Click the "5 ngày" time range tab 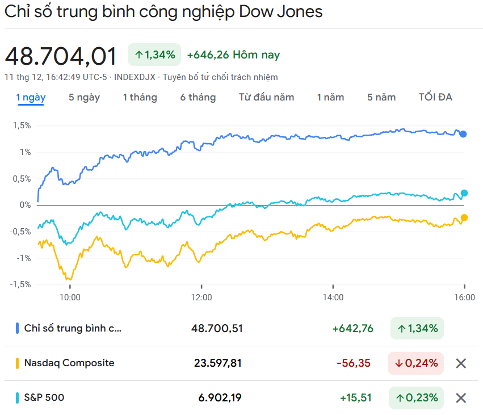coord(84,97)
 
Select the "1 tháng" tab coord(140,97)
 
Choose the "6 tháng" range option coord(198,97)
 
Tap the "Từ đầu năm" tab coord(266,97)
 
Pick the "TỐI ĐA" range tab coord(435,97)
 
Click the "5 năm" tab coord(381,97)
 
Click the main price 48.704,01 coord(61,56)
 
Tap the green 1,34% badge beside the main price coord(154,55)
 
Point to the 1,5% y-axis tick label coord(22,125)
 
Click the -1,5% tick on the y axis coord(20,284)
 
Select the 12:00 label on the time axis coord(201,297)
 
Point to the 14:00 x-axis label coord(333,297)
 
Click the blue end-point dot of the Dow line coord(463,134)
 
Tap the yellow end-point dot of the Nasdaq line coord(464,217)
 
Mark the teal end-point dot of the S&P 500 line coord(464,193)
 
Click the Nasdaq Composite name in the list coord(69,363)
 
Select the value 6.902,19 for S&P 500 coord(220,398)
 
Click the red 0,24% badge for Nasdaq coord(415,363)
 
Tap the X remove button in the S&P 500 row coord(461,398)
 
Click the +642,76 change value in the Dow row coord(352,328)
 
